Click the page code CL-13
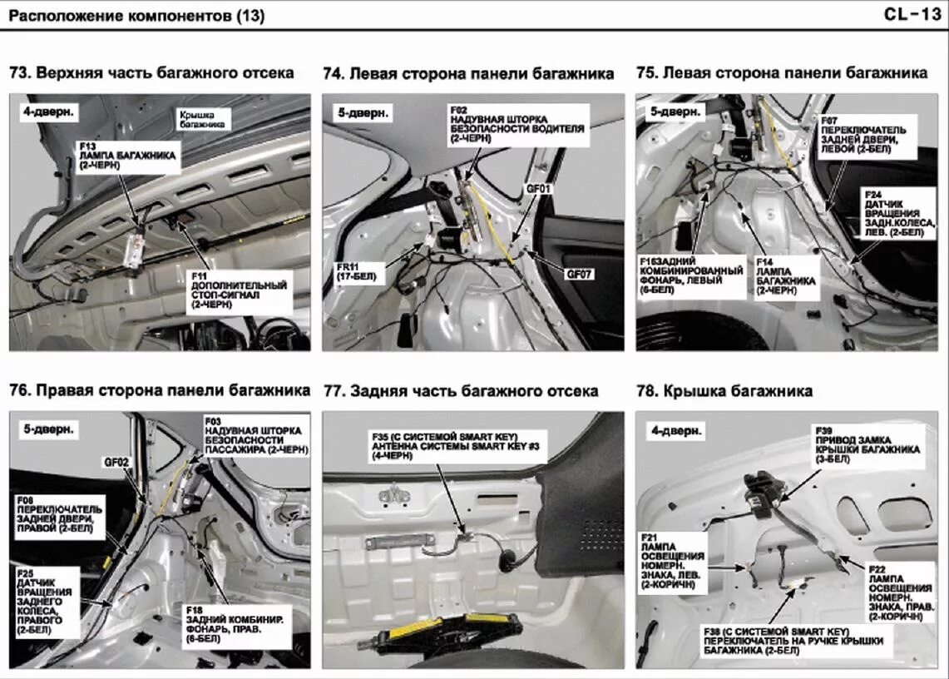pyautogui.click(x=912, y=14)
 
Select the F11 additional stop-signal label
pyautogui.click(x=239, y=290)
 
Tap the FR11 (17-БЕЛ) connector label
pyautogui.click(x=360, y=272)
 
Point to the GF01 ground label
pyautogui.click(x=539, y=189)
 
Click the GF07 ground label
pyautogui.click(x=580, y=274)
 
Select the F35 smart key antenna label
pyautogui.click(x=456, y=448)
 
